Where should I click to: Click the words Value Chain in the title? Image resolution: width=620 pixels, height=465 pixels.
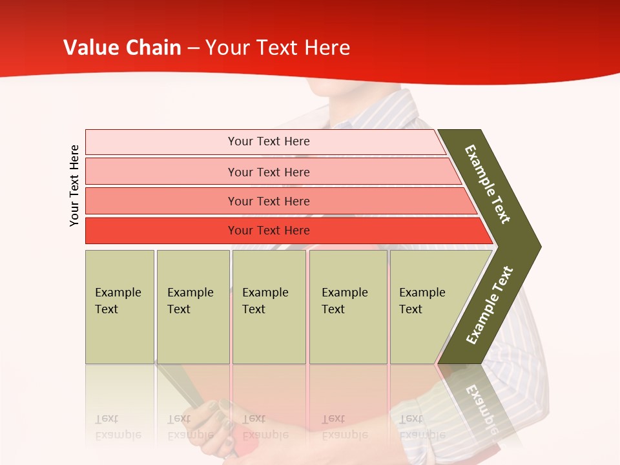(122, 48)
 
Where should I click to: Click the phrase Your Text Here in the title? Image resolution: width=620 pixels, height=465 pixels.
(278, 48)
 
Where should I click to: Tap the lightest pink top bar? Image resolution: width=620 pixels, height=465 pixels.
(268, 141)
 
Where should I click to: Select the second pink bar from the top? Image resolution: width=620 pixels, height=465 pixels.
(268, 172)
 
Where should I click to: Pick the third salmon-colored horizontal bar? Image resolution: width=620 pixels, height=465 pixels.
(268, 201)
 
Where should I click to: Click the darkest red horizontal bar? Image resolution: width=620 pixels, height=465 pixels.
(268, 231)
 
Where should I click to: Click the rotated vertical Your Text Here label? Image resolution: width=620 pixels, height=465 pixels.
(74, 185)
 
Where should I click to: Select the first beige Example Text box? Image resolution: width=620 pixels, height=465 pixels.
(119, 306)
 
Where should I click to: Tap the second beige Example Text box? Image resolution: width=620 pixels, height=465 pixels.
(192, 306)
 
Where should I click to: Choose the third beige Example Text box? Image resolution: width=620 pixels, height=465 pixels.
(268, 306)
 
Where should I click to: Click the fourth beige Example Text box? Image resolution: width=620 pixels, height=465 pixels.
(347, 306)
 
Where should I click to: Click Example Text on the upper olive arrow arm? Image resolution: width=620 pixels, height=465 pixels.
(488, 184)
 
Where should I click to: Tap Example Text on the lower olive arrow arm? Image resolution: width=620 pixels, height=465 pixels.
(489, 305)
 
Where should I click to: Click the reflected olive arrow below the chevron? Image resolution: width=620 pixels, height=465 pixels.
(478, 400)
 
